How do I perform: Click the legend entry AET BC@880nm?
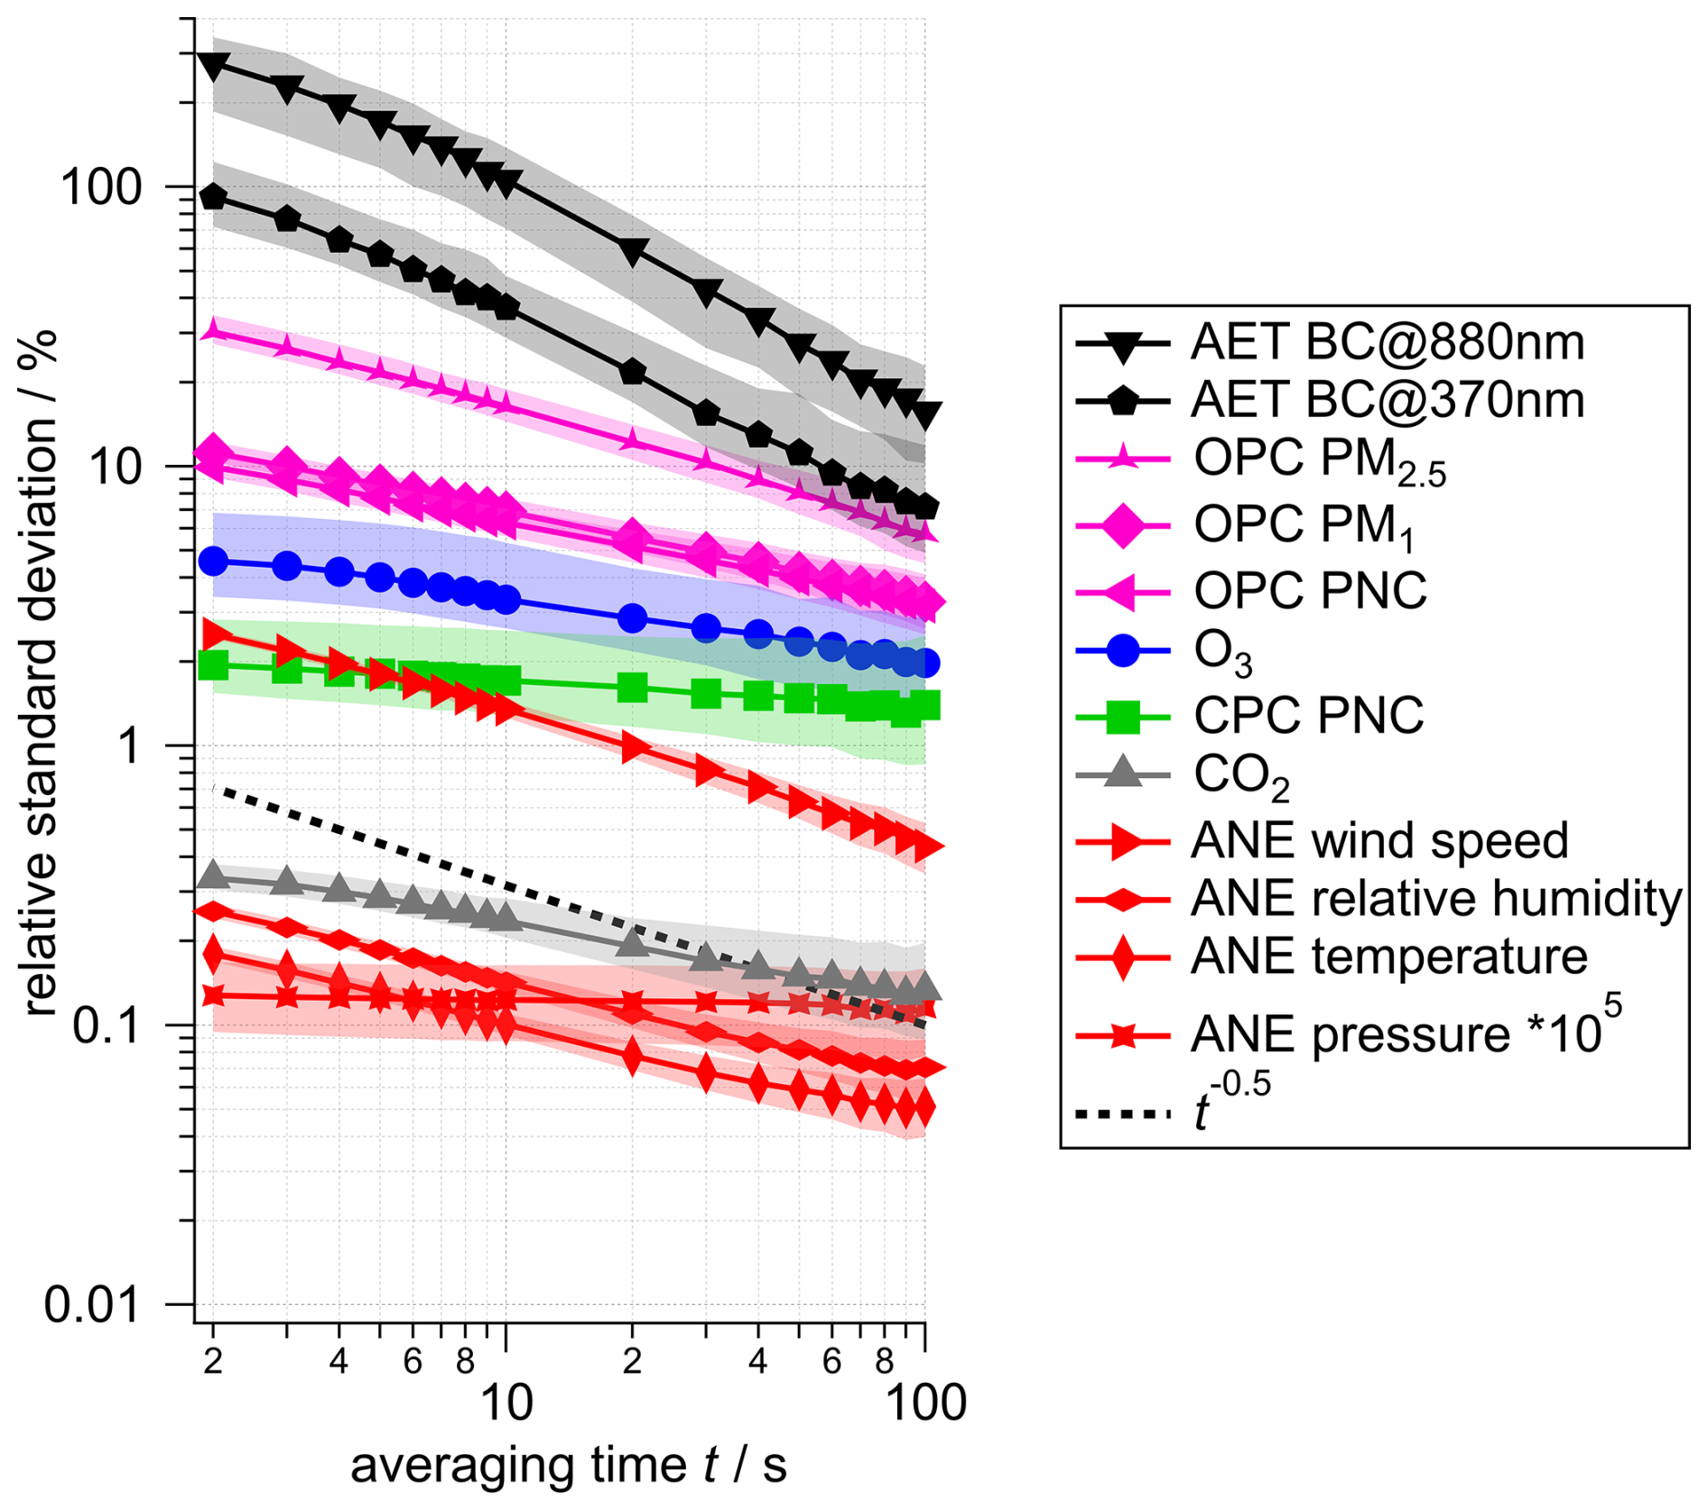tap(1387, 343)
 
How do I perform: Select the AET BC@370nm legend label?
tap(1387, 400)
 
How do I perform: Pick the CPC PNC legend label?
tap(1308, 716)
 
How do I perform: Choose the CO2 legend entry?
tap(1241, 775)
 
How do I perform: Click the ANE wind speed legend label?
tap(1379, 841)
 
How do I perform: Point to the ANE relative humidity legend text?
tap(1436, 899)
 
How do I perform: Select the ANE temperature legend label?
tap(1388, 957)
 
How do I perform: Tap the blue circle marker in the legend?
tap(1122, 650)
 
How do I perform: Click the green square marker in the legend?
tap(1122, 717)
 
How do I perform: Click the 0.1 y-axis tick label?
tap(107, 1025)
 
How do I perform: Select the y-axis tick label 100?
tap(101, 188)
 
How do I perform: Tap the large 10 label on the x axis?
tap(506, 1402)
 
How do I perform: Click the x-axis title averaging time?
tap(568, 1465)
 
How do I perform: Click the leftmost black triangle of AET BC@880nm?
tap(214, 66)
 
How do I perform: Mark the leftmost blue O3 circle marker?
tap(213, 560)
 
